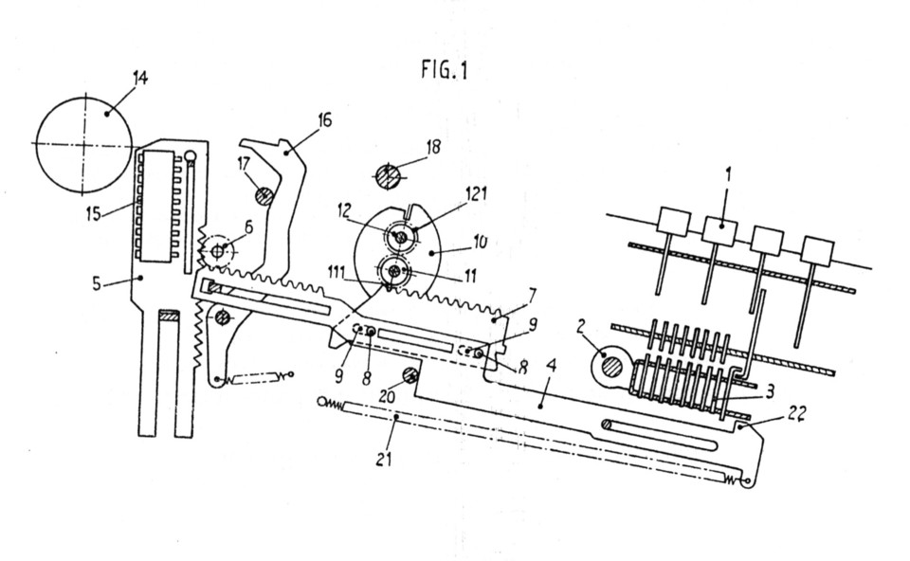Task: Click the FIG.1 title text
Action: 444,70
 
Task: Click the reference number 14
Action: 140,78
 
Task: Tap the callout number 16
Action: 324,120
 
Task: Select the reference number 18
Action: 433,147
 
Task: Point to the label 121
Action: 475,193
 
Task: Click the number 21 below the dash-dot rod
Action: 384,460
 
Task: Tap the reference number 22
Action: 797,413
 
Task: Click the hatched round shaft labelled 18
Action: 387,175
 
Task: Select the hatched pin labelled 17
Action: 264,195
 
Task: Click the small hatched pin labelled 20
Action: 409,376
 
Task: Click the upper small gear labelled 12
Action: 400,236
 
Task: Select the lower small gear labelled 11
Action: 394,270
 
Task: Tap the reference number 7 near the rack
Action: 532,294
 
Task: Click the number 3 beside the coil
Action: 770,391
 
